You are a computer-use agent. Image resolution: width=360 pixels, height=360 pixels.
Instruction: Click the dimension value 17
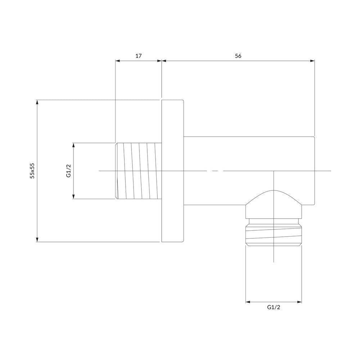coord(139,56)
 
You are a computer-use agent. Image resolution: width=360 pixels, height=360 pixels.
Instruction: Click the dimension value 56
coord(238,56)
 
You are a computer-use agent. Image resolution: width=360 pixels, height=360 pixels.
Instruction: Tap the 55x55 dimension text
coord(32,171)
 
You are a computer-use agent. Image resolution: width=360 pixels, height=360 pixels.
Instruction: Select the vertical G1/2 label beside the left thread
coord(68,171)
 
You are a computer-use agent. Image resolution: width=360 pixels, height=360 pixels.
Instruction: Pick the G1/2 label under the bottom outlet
coord(274,307)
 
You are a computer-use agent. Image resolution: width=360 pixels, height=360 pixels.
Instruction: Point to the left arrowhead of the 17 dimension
coord(118,61)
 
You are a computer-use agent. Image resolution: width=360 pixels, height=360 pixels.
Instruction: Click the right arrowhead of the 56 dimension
coord(312,61)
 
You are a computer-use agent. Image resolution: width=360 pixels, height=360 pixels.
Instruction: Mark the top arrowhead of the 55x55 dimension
coord(37,102)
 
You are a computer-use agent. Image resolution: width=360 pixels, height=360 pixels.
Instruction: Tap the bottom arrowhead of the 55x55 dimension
coord(37,239)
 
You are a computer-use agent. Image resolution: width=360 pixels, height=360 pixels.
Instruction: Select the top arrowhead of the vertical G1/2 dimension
coord(73,145)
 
